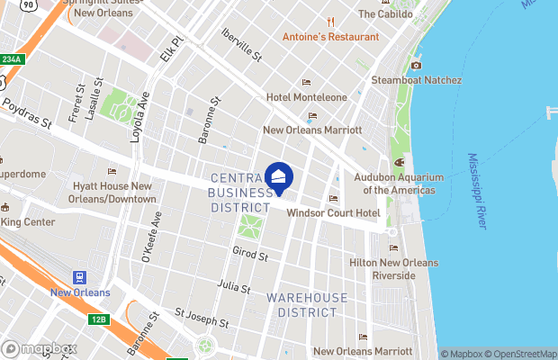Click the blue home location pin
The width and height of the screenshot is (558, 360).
[x=279, y=178]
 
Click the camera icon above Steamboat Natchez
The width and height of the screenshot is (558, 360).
[x=416, y=65]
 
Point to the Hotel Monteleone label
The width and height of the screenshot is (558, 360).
[x=305, y=96]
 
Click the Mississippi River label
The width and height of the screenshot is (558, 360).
[x=477, y=190]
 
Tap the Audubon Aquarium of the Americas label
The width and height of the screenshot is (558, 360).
[x=399, y=184]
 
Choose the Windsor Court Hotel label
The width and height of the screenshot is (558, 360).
[x=332, y=213]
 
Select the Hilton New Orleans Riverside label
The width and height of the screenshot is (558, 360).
[x=393, y=268]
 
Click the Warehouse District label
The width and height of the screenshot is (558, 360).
[x=307, y=304]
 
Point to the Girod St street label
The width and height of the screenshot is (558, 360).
[x=250, y=256]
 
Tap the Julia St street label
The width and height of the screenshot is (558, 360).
[x=235, y=286]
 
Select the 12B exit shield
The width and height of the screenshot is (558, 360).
[x=98, y=319]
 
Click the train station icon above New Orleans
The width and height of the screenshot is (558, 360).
[x=79, y=276]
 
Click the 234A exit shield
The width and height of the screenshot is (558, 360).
[x=11, y=59]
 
